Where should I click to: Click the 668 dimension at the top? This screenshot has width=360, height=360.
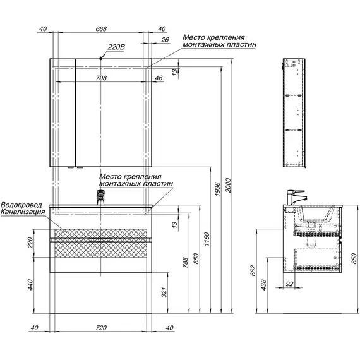tap(101, 28)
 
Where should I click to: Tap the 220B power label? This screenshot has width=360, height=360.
tap(116, 47)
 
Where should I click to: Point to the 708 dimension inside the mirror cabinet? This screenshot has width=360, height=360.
tap(101, 78)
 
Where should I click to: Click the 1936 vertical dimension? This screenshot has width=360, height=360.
tap(217, 189)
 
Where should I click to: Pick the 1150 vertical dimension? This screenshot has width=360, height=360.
tap(207, 239)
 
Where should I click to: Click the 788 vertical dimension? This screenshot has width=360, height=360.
tap(185, 263)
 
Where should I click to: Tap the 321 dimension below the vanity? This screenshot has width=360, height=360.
tap(164, 292)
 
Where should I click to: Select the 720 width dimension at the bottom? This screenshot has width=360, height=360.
tap(101, 328)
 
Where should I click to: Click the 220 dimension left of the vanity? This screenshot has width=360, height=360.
tap(30, 243)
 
